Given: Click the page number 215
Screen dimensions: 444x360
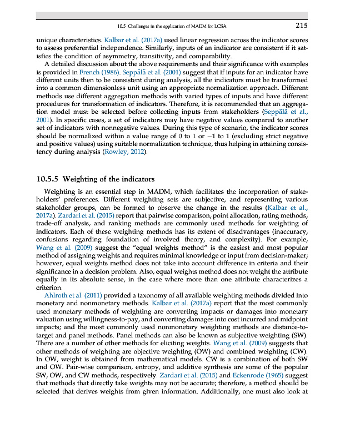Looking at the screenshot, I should pyautogui.click(x=302, y=25).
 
